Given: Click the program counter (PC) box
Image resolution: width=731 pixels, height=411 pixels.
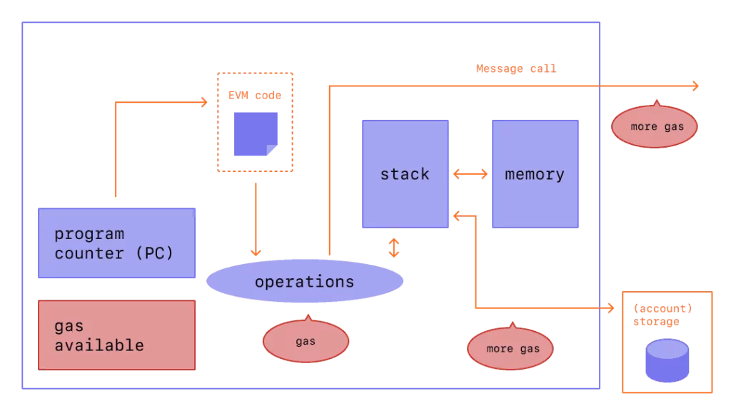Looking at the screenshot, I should coord(116,243).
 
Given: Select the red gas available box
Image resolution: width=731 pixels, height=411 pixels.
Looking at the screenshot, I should coord(116,335).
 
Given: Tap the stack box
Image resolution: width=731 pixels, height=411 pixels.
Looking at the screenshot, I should coord(405,173).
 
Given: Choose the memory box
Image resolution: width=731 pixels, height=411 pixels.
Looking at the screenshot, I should coord(535,173).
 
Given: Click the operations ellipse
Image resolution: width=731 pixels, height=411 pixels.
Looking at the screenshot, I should coord(305,281).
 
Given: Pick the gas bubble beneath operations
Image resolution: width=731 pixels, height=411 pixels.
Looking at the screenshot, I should coord(306,341).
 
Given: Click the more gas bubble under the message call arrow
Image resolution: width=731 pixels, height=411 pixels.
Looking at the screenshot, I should coord(654,127).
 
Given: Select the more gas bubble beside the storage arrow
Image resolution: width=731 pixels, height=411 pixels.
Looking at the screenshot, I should coord(510,348).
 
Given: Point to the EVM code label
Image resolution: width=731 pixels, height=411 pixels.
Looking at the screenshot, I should coord(255,96).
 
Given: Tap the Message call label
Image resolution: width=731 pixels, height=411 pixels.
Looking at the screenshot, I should coord(516,69).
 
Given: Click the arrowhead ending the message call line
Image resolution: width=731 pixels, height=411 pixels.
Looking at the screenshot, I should coord(695,86).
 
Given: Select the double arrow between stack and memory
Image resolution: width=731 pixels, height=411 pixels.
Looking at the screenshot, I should coord(470,173).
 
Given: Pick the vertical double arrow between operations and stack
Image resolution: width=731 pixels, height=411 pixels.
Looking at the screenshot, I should coord(394,248).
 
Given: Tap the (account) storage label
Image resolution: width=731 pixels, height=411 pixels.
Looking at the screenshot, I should coord(663,315).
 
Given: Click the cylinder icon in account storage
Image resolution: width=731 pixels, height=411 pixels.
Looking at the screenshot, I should coord(667,360).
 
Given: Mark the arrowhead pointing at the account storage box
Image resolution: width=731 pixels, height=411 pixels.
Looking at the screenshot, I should coord(610,308).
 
